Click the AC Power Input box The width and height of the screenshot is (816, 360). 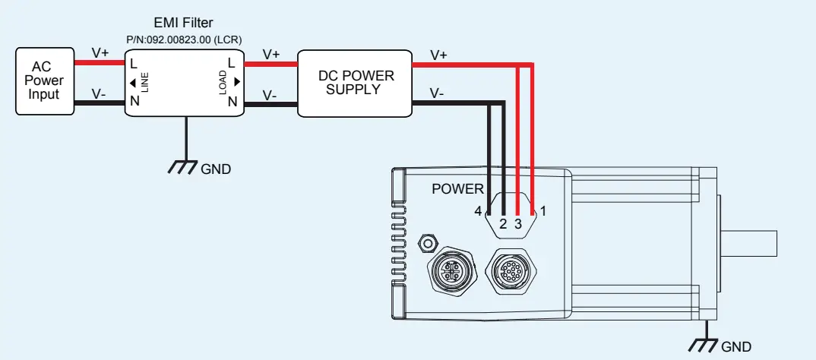pos(46,81)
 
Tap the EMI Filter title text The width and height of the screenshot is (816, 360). pos(183,23)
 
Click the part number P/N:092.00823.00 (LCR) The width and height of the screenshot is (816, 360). pos(183,38)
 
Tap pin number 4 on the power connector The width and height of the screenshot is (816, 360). pos(478,210)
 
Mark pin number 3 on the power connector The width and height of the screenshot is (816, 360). pos(518,223)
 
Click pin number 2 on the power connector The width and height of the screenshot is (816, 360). pos(502,223)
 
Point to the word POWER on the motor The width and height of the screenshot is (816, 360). pos(457,189)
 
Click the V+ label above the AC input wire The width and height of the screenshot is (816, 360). pos(100,52)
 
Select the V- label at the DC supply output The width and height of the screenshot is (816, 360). pos(437,93)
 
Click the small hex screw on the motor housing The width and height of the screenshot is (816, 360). pos(428,243)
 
